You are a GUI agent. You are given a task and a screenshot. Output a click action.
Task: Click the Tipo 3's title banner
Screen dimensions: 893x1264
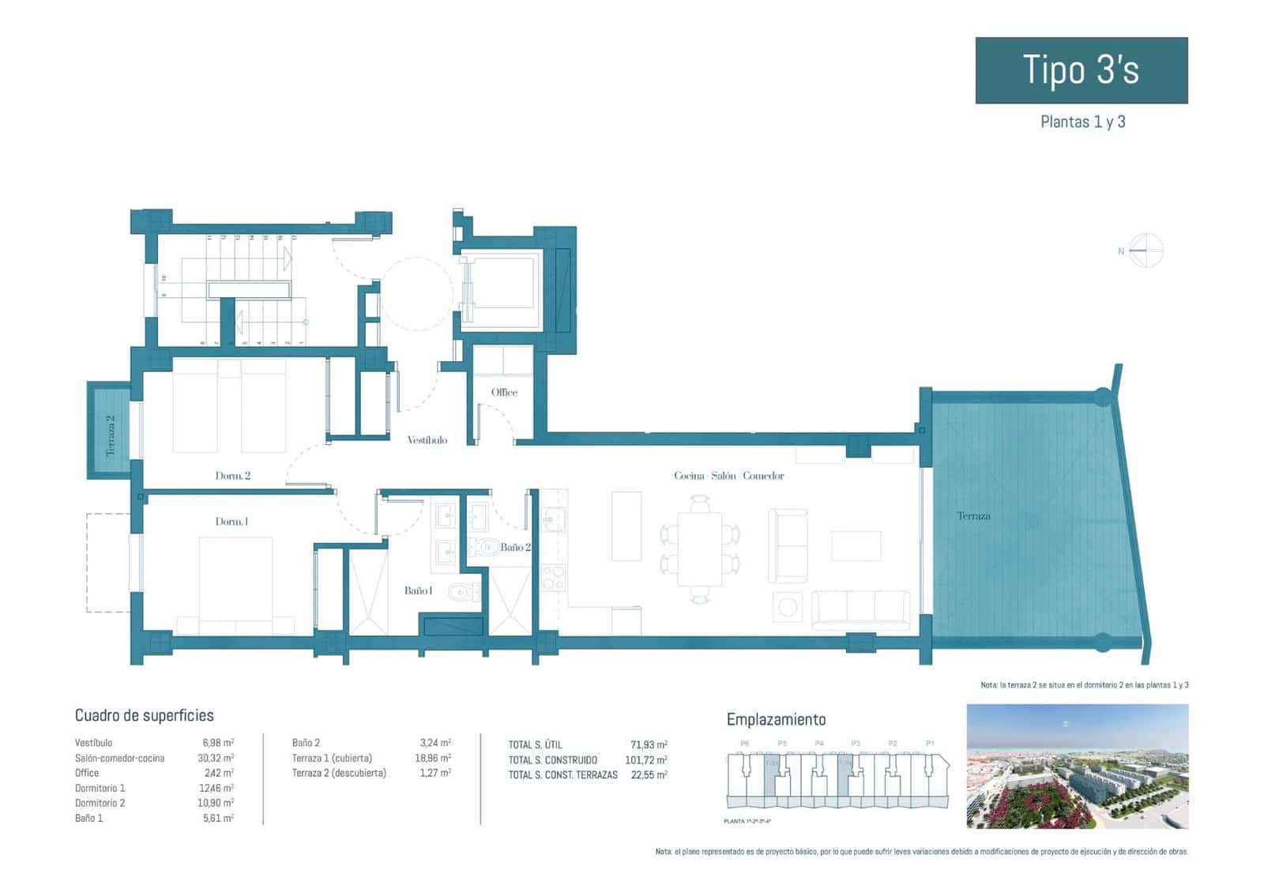point(1081,70)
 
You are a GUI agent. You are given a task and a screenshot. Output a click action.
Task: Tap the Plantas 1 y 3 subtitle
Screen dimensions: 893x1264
point(1082,122)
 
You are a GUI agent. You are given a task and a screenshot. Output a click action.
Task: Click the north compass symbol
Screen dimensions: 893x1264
point(1146,251)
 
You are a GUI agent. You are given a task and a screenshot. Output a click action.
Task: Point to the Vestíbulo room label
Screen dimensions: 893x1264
point(427,440)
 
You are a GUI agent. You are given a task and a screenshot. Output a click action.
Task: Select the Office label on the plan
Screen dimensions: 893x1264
point(504,392)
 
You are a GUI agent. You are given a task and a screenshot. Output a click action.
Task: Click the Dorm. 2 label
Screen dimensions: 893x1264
point(232,476)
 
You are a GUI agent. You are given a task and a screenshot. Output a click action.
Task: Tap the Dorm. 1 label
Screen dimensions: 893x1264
point(231,522)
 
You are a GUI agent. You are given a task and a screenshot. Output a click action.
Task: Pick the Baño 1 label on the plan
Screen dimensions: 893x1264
point(417,590)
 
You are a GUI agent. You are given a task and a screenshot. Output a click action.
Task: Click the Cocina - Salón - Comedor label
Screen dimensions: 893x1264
point(728,476)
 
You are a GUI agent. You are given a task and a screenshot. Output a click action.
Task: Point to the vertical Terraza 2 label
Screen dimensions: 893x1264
point(111,435)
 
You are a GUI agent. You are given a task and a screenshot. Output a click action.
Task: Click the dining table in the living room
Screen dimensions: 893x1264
point(699,548)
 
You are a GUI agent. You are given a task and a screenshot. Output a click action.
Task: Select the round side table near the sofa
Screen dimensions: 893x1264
point(788,607)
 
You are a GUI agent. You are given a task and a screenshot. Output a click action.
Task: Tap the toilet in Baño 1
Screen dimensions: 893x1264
point(462,591)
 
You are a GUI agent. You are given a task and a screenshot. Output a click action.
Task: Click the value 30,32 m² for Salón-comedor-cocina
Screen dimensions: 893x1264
point(217,758)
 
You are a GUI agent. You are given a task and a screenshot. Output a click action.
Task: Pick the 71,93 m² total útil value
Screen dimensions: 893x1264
point(649,744)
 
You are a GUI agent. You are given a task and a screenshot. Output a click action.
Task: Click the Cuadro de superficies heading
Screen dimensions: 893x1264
point(144,715)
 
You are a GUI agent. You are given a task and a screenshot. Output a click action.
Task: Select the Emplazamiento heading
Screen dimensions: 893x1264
point(776,719)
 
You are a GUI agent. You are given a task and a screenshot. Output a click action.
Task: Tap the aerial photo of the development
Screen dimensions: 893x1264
point(1077,766)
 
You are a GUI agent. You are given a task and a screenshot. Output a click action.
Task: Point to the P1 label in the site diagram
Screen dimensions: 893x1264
point(930,744)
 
